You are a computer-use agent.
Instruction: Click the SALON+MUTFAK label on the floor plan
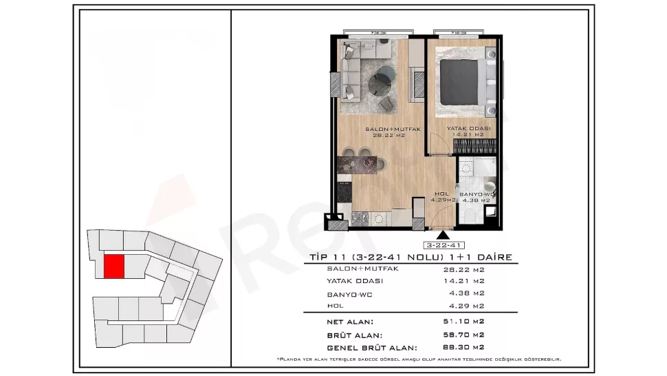coord(382,129)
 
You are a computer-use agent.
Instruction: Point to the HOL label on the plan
coord(441,194)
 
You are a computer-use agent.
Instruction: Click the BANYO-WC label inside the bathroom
coord(477,194)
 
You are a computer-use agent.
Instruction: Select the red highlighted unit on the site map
coord(114,267)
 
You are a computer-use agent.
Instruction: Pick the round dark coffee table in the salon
coord(380,85)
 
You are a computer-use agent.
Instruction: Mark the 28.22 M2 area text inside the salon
coord(389,136)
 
